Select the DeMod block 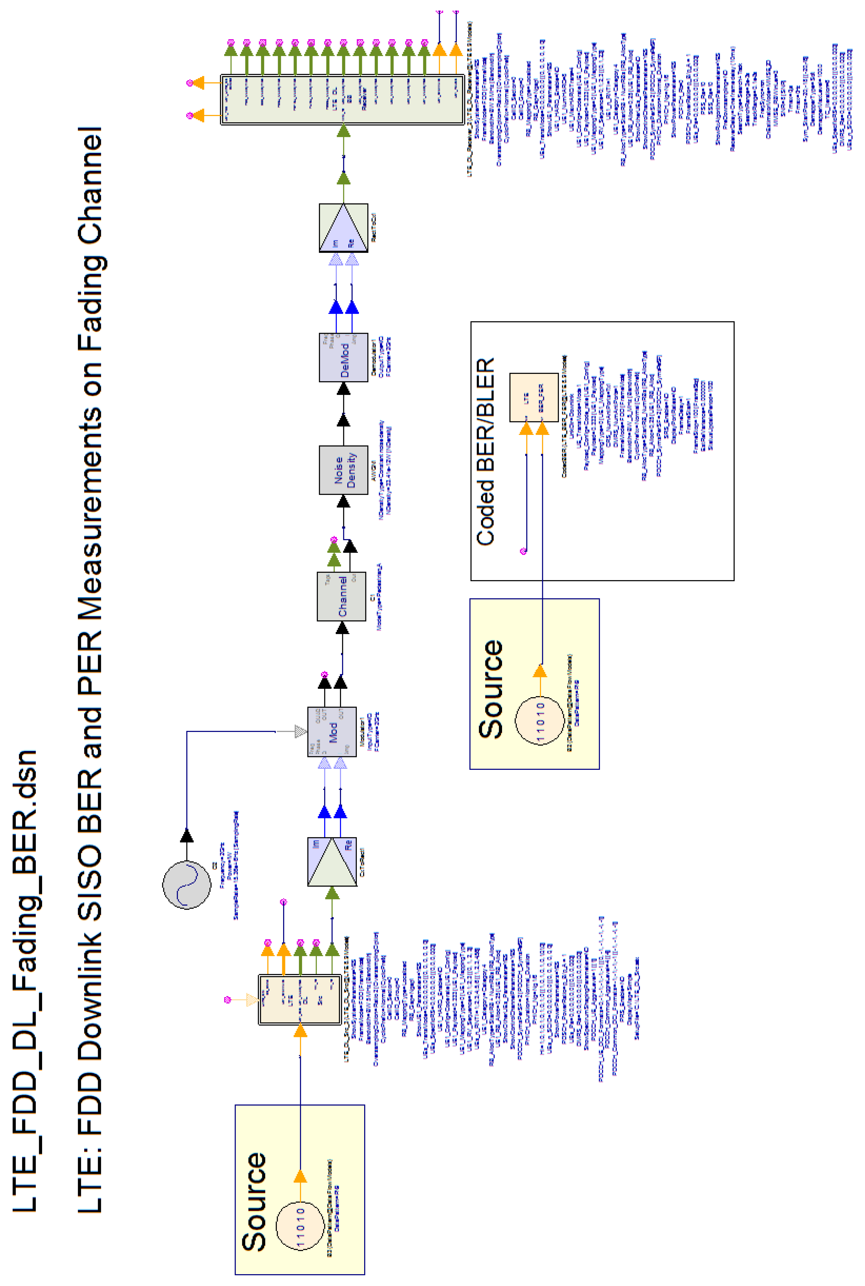click(x=343, y=357)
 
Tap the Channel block click(x=341, y=596)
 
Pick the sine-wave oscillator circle click(x=186, y=884)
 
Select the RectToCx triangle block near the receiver click(x=343, y=228)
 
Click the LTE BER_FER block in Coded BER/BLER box click(x=533, y=397)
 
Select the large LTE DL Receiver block click(x=342, y=99)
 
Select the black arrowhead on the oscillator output click(x=186, y=835)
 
